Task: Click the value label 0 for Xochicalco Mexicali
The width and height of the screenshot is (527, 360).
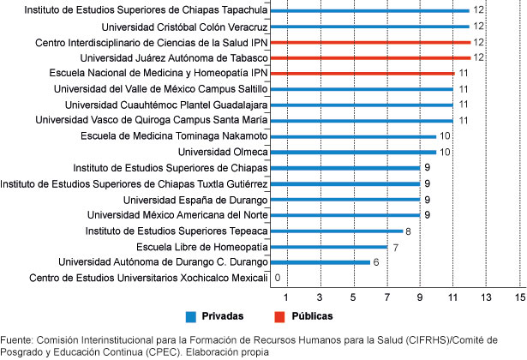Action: point(277,279)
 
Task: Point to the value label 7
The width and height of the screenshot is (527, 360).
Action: point(395,247)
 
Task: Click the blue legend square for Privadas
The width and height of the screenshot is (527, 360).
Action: point(190,315)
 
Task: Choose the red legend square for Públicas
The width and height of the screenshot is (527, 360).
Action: point(278,315)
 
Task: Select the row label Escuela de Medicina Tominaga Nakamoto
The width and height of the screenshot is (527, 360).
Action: point(174,136)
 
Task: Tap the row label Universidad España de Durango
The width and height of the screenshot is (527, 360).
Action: point(196,199)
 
